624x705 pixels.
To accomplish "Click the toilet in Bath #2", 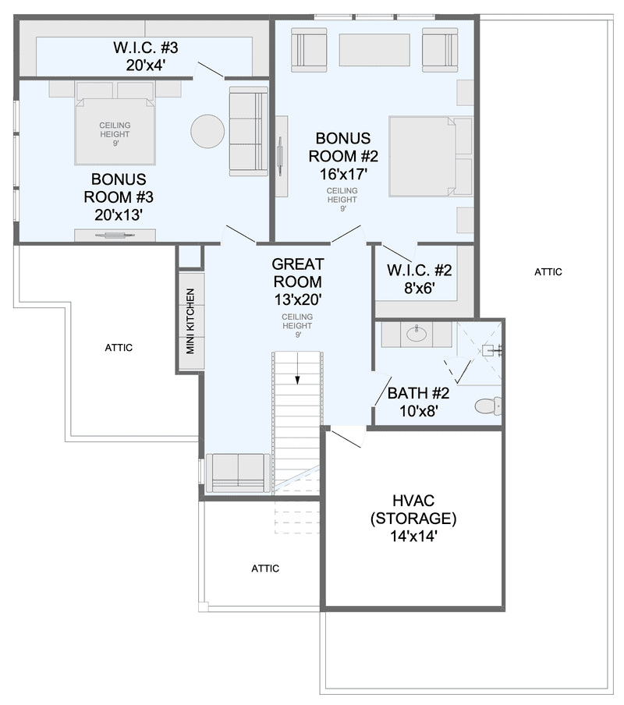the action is (x=488, y=406).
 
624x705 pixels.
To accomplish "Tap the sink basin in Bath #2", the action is (x=417, y=334).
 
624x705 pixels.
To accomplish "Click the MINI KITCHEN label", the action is (x=190, y=321).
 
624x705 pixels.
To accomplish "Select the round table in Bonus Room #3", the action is (x=207, y=131).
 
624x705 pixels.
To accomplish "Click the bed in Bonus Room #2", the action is (x=431, y=157).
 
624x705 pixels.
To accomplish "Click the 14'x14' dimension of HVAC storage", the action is (x=413, y=536).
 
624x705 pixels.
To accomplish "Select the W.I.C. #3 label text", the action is (x=145, y=48).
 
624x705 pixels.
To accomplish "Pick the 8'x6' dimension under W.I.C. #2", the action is (x=420, y=288).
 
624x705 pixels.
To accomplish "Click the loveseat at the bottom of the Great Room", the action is (x=238, y=473).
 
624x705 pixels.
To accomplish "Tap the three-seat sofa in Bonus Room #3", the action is (x=249, y=131).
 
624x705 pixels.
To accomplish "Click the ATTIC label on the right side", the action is (x=548, y=271).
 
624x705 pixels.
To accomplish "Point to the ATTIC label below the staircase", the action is (x=265, y=569).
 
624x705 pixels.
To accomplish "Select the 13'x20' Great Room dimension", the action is (x=298, y=299).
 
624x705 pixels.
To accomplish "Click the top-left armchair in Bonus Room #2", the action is (x=309, y=49).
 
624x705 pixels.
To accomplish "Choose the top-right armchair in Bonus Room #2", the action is (x=440, y=49).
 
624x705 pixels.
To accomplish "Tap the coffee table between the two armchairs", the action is (x=374, y=50).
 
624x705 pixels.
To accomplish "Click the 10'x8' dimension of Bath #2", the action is (x=419, y=410).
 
